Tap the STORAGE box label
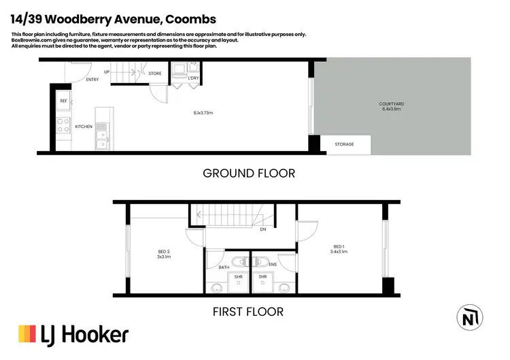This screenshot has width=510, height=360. [344, 144]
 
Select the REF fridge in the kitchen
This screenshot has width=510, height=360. [63, 101]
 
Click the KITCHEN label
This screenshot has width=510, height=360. [83, 127]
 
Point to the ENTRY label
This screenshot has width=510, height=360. [92, 80]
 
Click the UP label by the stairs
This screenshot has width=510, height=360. [107, 71]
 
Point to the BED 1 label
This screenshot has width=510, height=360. [339, 246]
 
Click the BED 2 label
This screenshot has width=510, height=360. [164, 252]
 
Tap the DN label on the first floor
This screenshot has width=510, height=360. [262, 230]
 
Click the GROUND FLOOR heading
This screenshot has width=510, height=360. [249, 174]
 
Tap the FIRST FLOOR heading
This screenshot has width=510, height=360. [249, 312]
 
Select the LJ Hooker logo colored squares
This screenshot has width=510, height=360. [27, 334]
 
